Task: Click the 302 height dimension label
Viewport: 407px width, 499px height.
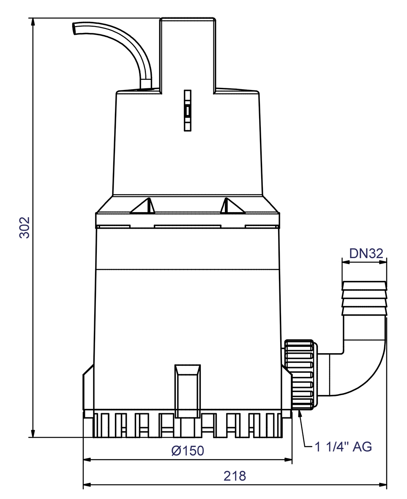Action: (x=25, y=228)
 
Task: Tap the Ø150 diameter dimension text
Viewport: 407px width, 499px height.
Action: (x=188, y=451)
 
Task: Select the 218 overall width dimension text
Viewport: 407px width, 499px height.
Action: (x=235, y=476)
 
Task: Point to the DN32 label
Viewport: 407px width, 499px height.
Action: (x=366, y=254)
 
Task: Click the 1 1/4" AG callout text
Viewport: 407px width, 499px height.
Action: (x=343, y=447)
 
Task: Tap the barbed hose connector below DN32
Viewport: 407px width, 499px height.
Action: (x=365, y=298)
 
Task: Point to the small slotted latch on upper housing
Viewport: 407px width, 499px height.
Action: (x=188, y=110)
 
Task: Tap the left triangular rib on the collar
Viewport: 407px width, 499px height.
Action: (x=143, y=205)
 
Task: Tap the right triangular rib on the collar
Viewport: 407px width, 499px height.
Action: (x=233, y=205)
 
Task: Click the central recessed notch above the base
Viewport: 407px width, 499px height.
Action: (x=188, y=391)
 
